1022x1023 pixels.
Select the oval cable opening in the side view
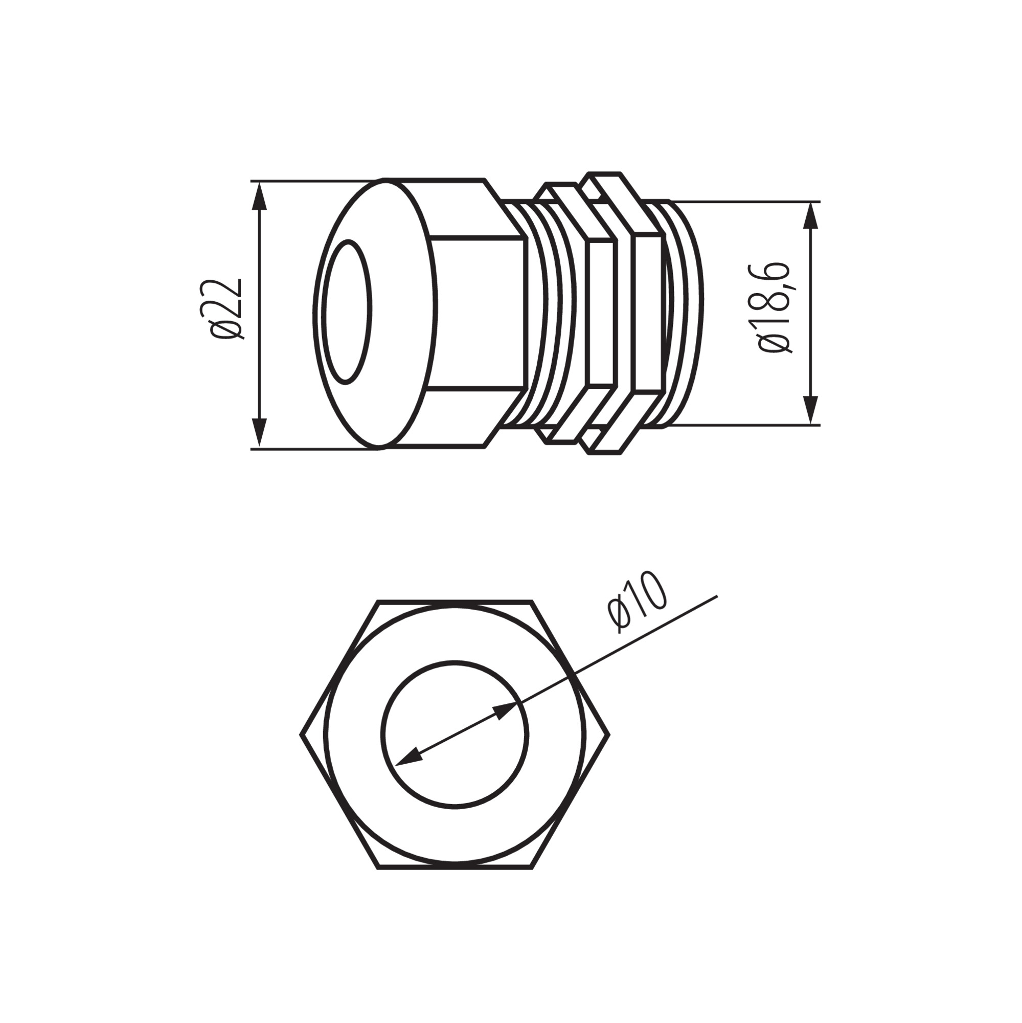[x=348, y=312]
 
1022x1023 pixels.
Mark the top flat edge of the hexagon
[x=454, y=602]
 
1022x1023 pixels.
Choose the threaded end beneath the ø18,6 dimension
[x=686, y=313]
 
